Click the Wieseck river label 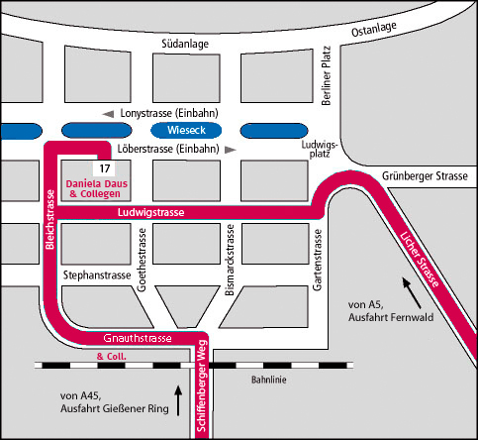186,130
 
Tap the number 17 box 105,168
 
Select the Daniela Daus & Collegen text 96,188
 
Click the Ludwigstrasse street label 150,212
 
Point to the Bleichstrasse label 49,219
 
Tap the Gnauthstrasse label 138,338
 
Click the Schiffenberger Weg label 201,385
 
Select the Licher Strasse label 420,260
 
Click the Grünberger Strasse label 425,175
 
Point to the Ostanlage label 374,30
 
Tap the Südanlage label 185,44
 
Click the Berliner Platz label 326,75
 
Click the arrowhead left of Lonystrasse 108,114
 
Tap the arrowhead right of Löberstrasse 231,150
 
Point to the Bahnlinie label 269,380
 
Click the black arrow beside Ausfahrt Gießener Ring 178,400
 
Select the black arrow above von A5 412,293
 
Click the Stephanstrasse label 97,275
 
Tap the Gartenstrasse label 317,260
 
